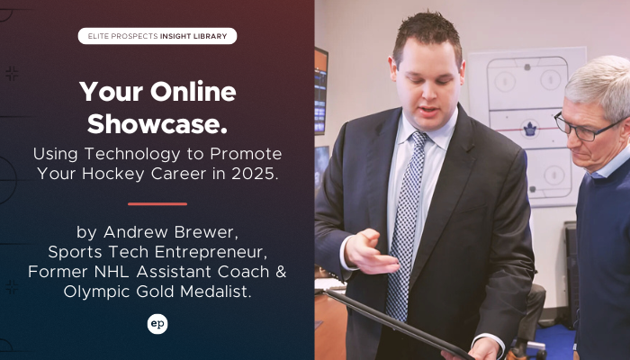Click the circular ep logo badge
click(157, 324)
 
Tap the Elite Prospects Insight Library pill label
click(157, 36)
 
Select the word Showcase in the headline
click(157, 124)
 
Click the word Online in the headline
click(193, 92)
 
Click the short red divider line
click(157, 204)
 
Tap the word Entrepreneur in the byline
click(211, 252)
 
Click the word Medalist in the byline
click(215, 292)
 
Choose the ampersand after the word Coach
click(281, 272)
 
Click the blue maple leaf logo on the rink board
click(530, 129)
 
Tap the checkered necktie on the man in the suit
click(406, 225)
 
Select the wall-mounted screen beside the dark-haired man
click(320, 91)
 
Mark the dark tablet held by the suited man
click(398, 323)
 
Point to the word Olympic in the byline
click(97, 292)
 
